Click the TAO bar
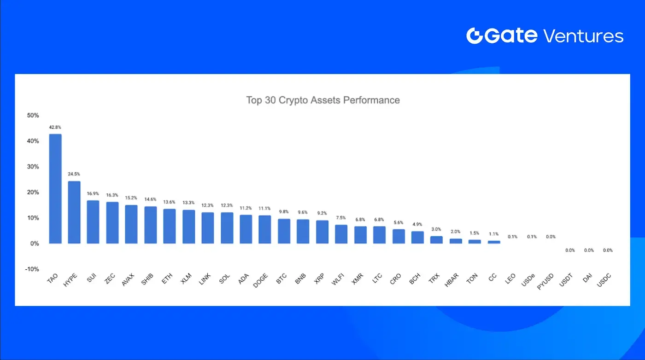pos(55,189)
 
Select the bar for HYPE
pos(74,212)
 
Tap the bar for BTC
pos(284,231)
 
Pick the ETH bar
pos(170,226)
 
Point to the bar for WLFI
pos(341,234)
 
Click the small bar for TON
pos(475,242)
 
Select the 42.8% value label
pos(55,127)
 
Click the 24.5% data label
pos(74,174)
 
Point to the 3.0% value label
pos(436,229)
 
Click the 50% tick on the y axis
pos(33,115)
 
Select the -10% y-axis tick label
pos(32,269)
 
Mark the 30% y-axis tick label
pos(33,167)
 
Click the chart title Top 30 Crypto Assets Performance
pos(323,100)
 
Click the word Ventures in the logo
pos(583,36)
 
